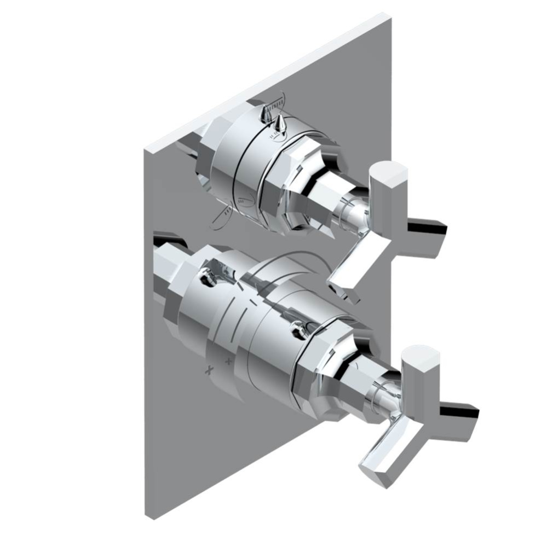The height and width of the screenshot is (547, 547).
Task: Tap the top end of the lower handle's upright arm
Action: click(421, 356)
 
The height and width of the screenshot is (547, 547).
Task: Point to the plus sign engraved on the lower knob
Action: click(229, 362)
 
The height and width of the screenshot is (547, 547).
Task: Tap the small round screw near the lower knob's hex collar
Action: click(299, 328)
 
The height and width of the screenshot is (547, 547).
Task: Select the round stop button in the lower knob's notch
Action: click(207, 277)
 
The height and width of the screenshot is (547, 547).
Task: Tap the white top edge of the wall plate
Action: click(268, 82)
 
